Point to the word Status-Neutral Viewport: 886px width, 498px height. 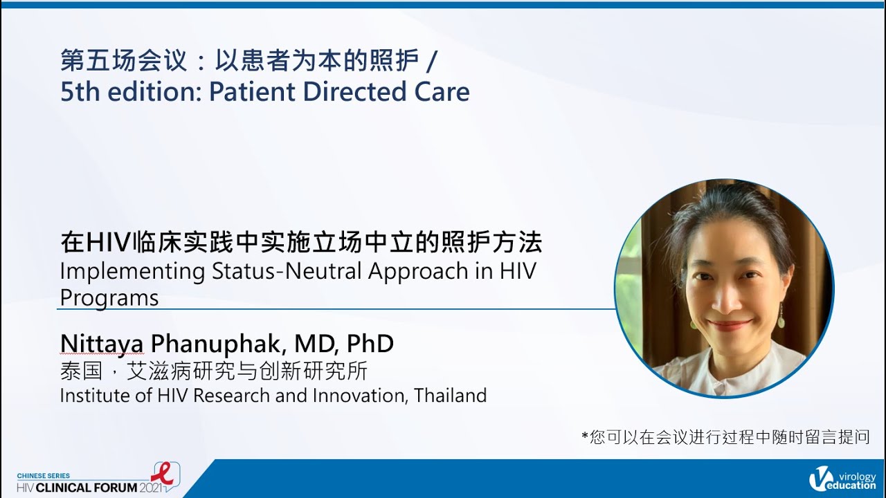tap(284, 271)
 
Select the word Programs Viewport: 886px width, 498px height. tap(109, 297)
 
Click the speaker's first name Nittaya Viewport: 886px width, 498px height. tap(101, 344)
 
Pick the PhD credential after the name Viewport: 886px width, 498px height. tap(370, 343)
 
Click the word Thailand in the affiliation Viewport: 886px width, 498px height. tap(451, 396)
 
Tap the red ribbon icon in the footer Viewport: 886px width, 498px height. tap(163, 474)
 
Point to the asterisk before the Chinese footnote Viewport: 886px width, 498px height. tap(585, 436)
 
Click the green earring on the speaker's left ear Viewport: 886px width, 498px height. tap(781, 320)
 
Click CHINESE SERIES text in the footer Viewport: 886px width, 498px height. tap(43, 477)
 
